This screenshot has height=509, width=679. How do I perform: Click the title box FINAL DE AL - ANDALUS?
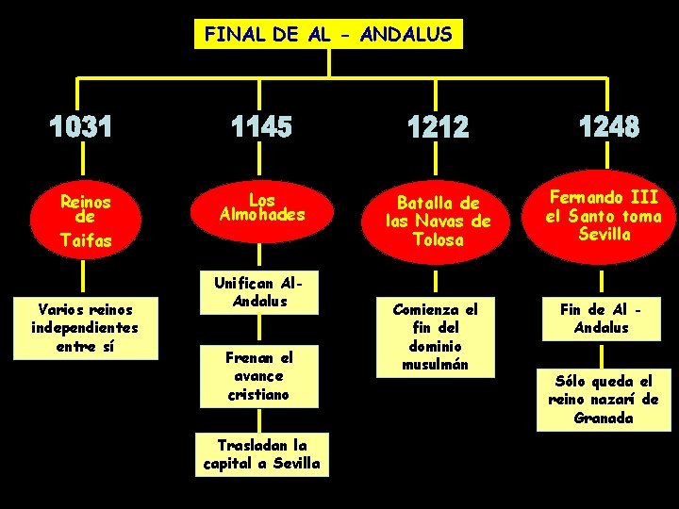click(328, 36)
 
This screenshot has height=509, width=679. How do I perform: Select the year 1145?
click(263, 126)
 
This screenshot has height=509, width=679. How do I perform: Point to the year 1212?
click(438, 126)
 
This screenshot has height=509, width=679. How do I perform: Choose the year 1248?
click(608, 126)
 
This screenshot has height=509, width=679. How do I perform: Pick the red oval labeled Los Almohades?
click(262, 209)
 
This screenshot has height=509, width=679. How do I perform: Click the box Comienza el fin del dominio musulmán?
click(436, 337)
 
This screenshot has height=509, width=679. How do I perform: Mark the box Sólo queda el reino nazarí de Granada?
click(604, 399)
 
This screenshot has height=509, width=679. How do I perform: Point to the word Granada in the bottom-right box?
click(604, 418)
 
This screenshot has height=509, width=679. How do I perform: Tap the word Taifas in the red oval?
click(85, 240)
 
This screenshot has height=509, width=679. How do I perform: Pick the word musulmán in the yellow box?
click(436, 364)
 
